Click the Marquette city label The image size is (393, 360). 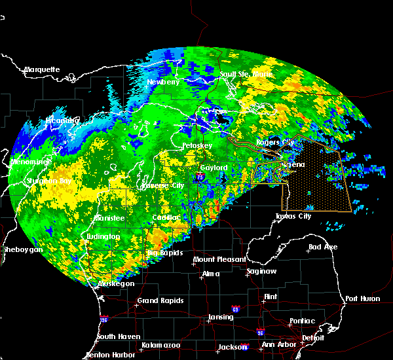(x=42, y=69)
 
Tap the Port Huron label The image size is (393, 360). (x=362, y=298)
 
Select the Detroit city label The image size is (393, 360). (x=313, y=338)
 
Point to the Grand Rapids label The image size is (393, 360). (x=160, y=301)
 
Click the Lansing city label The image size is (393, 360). (x=220, y=317)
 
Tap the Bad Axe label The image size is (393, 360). (x=322, y=247)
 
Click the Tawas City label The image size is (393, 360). (x=293, y=216)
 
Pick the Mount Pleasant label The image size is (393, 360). (x=215, y=260)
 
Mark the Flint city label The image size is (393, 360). (x=269, y=297)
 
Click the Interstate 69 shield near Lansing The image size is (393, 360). (x=235, y=308)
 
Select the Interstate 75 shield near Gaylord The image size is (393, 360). (x=200, y=176)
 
